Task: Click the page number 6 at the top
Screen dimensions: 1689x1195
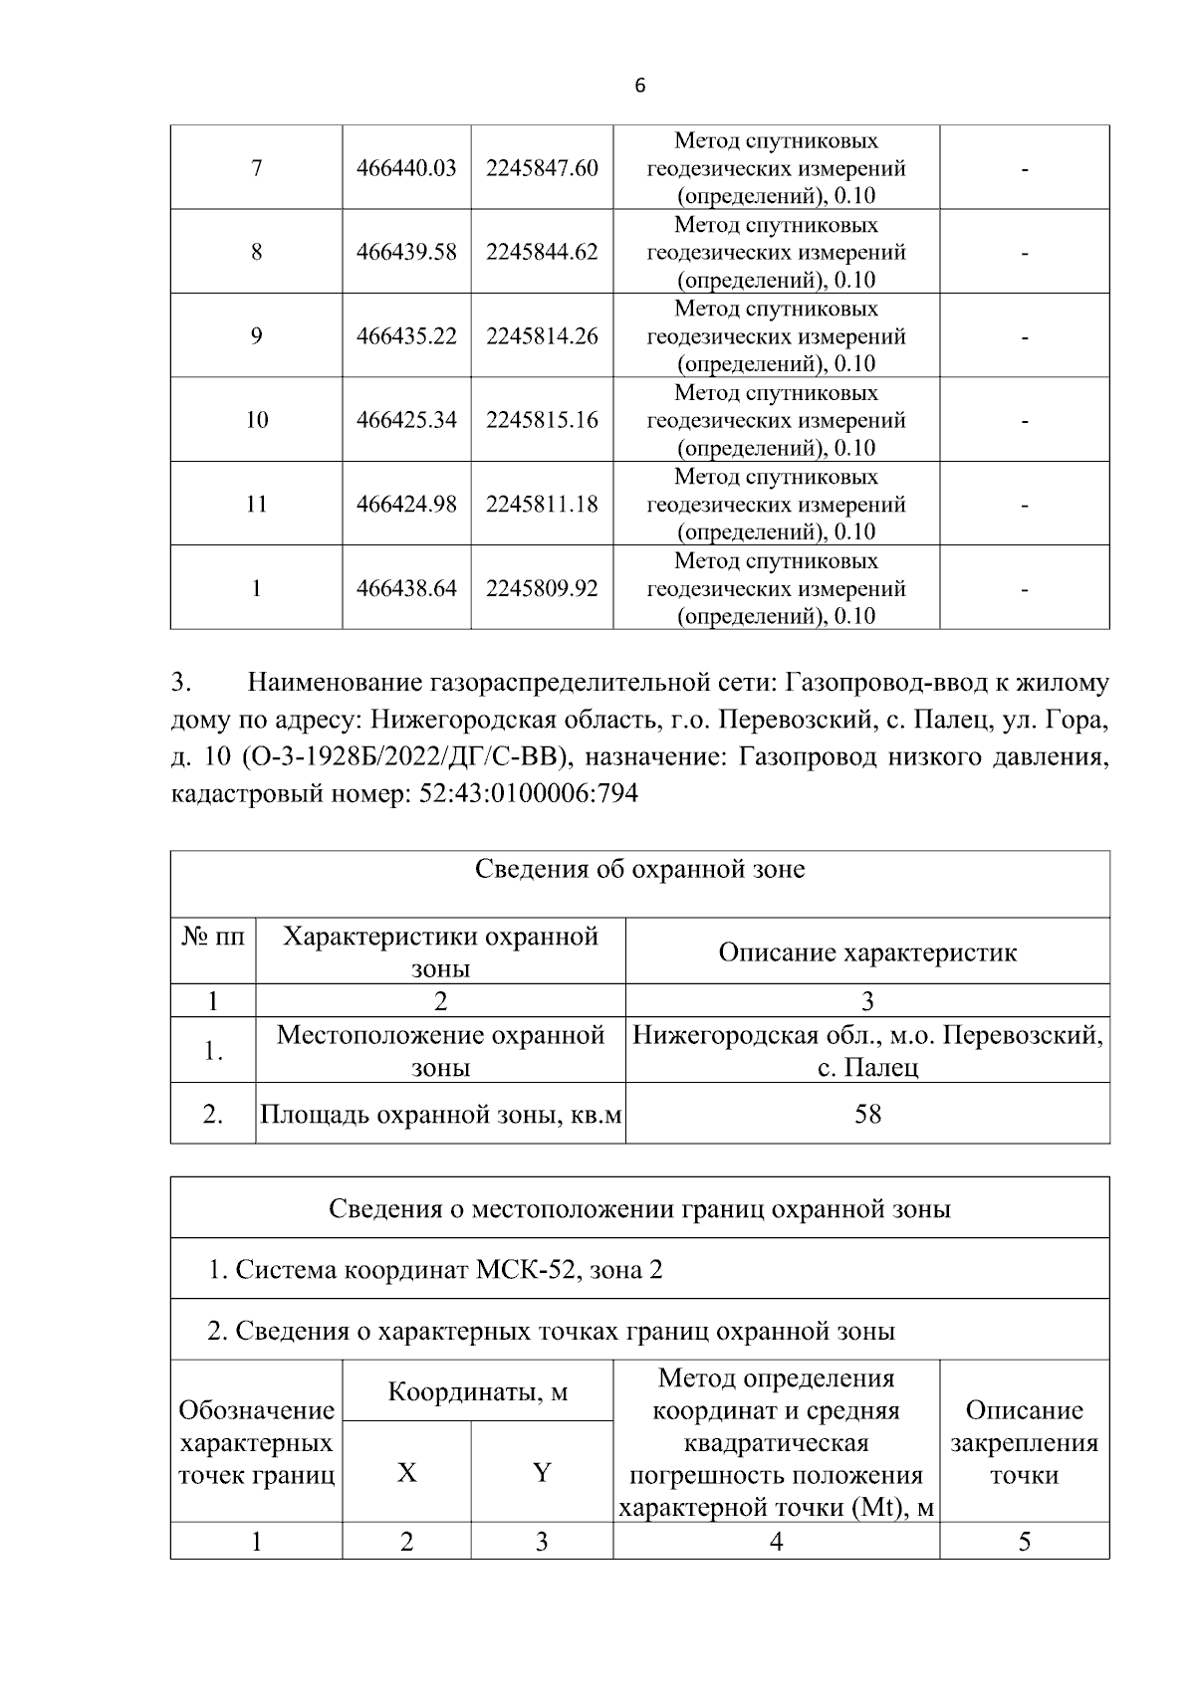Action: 639,87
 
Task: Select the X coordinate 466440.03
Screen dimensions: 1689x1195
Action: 406,168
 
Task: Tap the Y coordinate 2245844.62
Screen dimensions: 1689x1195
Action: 542,252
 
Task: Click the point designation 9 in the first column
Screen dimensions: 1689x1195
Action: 256,336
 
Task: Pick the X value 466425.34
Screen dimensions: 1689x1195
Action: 406,420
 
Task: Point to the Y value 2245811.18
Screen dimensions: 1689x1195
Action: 542,505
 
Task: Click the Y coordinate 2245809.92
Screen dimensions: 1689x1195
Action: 542,588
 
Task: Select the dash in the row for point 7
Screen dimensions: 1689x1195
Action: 1024,170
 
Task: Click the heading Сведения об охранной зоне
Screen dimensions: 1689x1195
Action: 639,869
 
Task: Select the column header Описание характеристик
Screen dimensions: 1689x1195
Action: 867,952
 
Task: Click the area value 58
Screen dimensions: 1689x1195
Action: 867,1114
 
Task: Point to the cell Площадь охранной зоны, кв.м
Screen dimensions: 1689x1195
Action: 440,1115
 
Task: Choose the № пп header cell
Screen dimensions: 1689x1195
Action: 213,938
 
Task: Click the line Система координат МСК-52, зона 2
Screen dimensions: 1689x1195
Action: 435,1270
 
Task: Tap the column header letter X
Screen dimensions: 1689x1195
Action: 406,1472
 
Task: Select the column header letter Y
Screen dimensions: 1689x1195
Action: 542,1472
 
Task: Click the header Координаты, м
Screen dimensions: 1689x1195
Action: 477,1391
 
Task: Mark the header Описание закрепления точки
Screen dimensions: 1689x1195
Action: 1024,1442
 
